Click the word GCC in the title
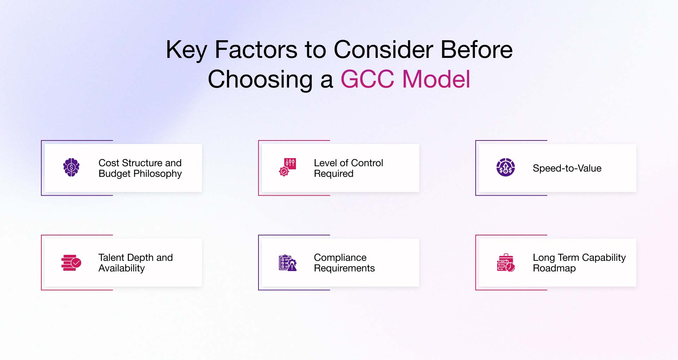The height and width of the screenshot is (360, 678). point(367,79)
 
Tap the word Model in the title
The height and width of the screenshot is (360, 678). point(436,79)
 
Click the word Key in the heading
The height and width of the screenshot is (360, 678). point(186,50)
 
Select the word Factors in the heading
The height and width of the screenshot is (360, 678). point(256,49)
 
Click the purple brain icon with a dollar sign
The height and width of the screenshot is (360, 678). point(71,167)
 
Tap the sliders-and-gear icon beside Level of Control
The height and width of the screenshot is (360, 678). point(287,167)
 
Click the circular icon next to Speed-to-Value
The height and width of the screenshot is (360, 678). point(505,167)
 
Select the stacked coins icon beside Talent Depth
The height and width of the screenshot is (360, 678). point(71,263)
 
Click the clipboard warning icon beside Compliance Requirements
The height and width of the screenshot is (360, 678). point(287,263)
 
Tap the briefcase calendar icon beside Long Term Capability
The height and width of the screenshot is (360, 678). point(505,263)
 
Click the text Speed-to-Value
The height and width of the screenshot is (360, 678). point(567,168)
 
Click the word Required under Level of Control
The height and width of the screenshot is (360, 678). point(333,174)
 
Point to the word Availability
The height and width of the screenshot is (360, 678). point(121,268)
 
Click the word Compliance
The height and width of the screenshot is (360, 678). point(340,257)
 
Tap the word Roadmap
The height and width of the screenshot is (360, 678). point(554,268)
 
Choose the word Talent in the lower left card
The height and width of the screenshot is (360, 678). point(111,257)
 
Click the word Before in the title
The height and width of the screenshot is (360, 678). point(476,49)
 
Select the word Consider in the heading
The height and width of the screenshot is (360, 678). point(383,49)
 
